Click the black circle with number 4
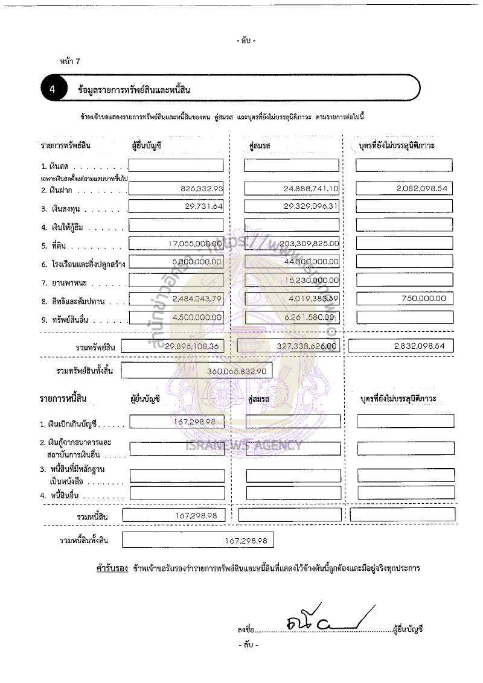coord(53,89)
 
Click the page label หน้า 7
coord(70,62)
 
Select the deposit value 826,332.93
coord(202,189)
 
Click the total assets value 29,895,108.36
coord(185,346)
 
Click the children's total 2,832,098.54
coord(417,346)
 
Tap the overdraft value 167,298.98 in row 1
coord(199,422)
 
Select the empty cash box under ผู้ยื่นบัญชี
coord(176,165)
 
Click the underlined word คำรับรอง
coord(112,568)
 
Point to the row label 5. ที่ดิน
coord(60,245)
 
